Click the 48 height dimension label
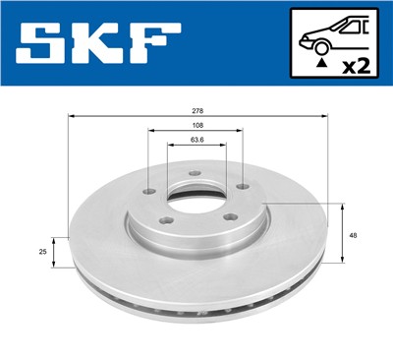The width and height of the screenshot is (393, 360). pos(354,234)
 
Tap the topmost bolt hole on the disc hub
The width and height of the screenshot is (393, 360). pos(195,174)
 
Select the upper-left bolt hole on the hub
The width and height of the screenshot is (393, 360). pos(148,192)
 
